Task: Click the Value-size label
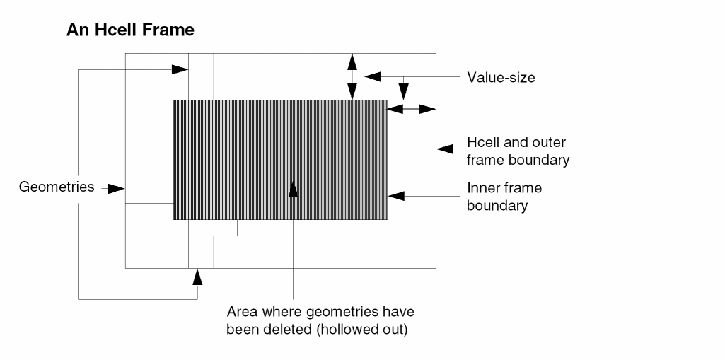[501, 77]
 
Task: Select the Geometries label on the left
[57, 187]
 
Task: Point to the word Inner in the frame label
[483, 189]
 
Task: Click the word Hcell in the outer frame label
[485, 142]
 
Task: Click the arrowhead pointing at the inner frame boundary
[394, 194]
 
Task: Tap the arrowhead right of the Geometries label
[116, 189]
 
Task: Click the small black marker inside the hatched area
[294, 189]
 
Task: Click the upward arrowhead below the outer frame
[197, 277]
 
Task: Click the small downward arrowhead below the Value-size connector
[403, 91]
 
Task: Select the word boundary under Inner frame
[497, 206]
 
